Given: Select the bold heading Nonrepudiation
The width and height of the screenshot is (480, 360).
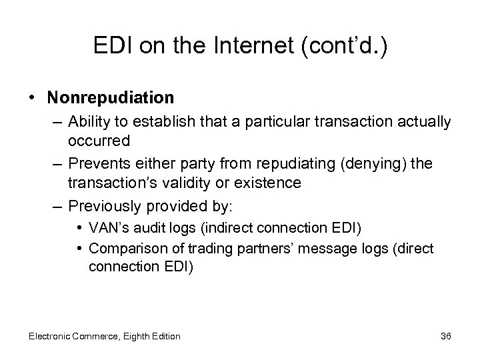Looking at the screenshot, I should click(x=111, y=98).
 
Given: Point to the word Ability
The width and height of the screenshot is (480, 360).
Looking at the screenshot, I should click(x=90, y=123).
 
